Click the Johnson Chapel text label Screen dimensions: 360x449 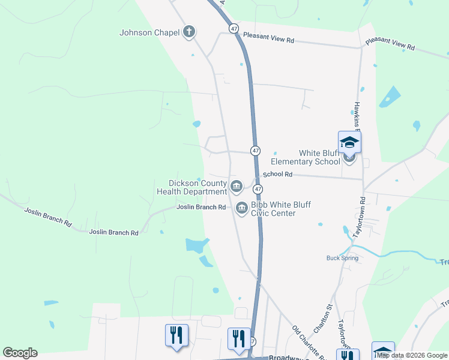[x=149, y=32]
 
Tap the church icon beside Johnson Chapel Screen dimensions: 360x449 [x=189, y=32]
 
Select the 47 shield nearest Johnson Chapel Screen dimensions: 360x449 [x=234, y=28]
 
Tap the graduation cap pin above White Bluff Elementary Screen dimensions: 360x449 [x=349, y=143]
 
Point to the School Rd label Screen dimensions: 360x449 [x=277, y=174]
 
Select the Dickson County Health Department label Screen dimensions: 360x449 [x=192, y=187]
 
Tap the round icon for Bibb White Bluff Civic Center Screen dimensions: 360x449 [x=242, y=208]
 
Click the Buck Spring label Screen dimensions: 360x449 [x=342, y=258]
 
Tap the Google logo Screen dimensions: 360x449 [x=20, y=353]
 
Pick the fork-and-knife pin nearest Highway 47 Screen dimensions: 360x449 [x=238, y=340]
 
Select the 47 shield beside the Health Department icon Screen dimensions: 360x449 [x=257, y=189]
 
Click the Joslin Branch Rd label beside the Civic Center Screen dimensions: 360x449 [x=201, y=207]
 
